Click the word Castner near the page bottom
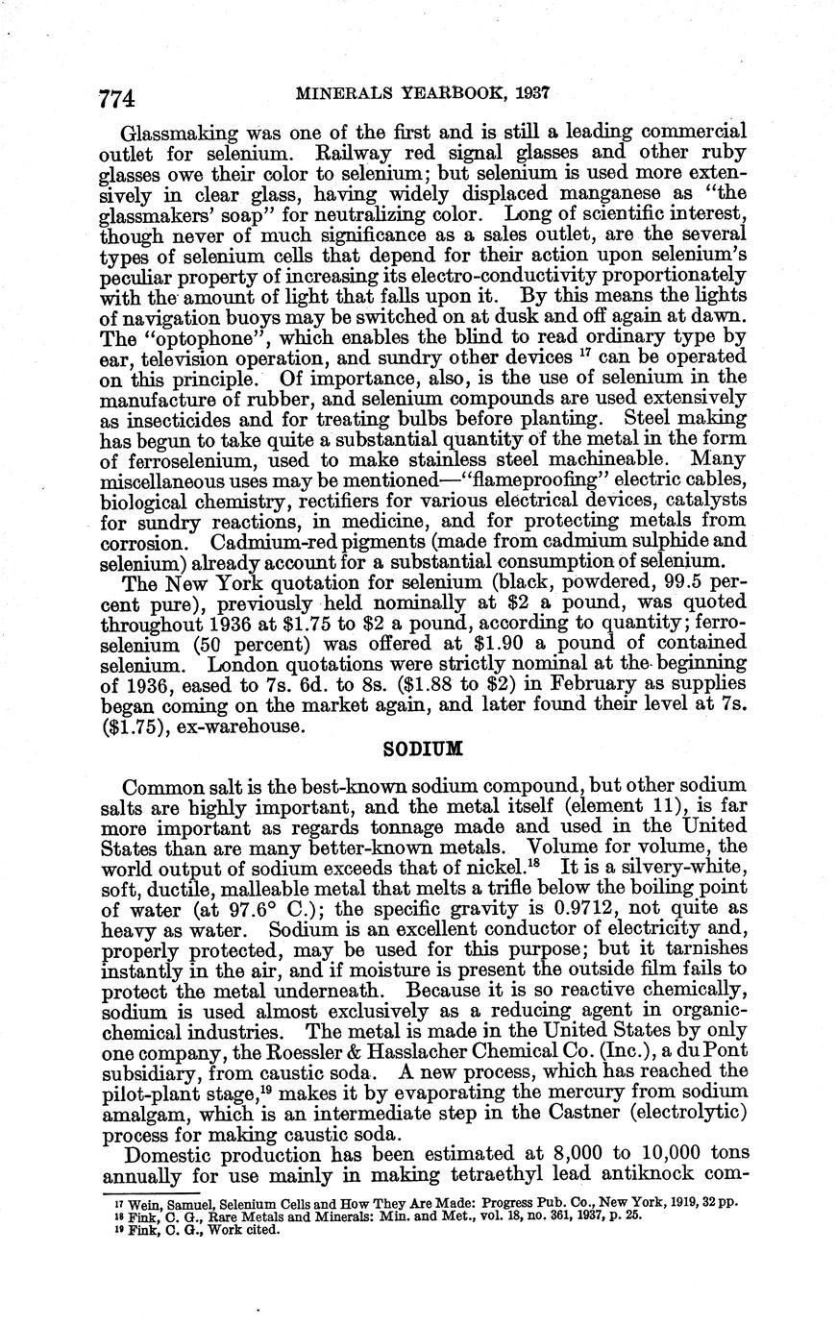click(584, 1096)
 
